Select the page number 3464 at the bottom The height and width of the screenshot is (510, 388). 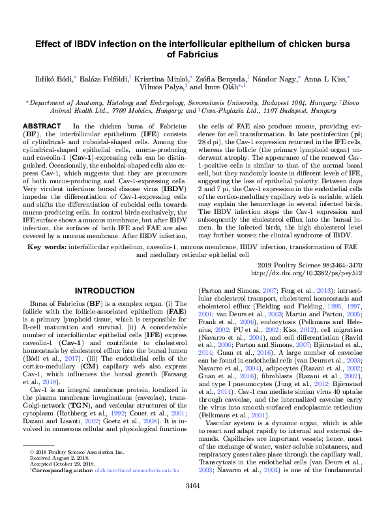pyautogui.click(x=194, y=485)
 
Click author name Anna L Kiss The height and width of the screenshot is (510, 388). pyautogui.click(x=327, y=78)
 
